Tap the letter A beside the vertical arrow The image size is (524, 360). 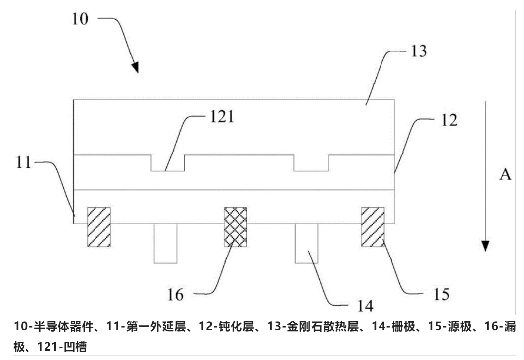(x=505, y=175)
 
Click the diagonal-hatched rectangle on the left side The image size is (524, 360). (x=99, y=226)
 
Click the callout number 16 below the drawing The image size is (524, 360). (x=176, y=294)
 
